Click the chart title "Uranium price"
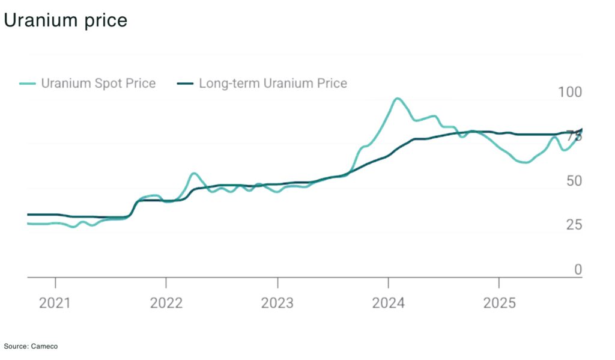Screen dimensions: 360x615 tap(65, 20)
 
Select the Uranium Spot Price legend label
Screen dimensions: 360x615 tap(98, 84)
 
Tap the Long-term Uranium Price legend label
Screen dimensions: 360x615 tap(273, 84)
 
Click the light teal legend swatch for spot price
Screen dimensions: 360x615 tap(28, 84)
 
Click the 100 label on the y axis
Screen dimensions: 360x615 tap(570, 93)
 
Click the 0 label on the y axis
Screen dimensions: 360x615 tap(578, 270)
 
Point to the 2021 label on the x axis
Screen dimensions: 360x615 tap(55, 303)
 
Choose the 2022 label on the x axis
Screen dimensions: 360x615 tap(166, 303)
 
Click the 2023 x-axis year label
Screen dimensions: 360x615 tap(277, 303)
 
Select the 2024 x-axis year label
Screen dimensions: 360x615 tap(388, 303)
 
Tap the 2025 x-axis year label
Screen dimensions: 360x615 tap(499, 303)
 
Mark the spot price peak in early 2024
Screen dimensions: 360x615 tap(397, 99)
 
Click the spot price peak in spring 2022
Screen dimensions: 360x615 tap(193, 174)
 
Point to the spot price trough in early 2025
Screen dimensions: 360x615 tap(524, 162)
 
